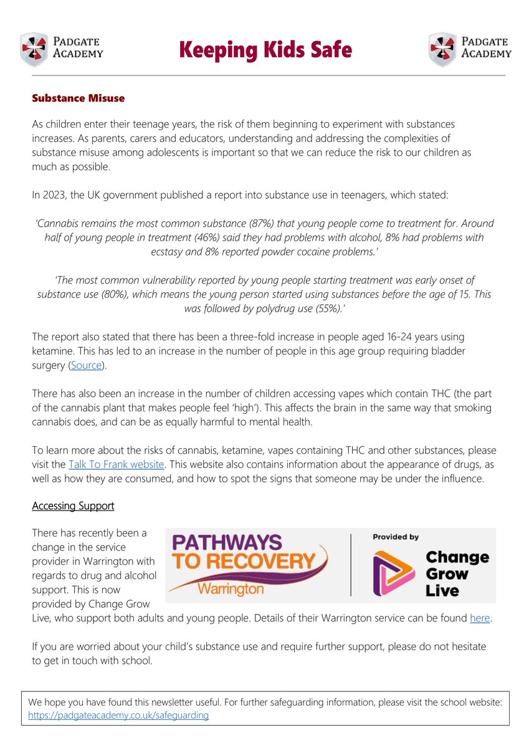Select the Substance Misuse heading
(x=79, y=98)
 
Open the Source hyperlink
(x=86, y=365)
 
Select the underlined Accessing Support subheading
(x=73, y=506)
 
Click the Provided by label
(x=396, y=537)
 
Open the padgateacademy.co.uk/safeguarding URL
(x=118, y=716)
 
